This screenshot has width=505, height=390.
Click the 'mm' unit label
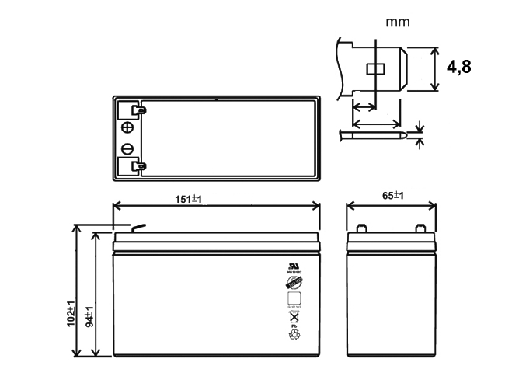click(398, 22)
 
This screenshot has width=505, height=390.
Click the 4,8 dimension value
click(459, 68)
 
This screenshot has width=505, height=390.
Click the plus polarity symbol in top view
click(128, 128)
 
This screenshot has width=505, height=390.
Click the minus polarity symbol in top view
click(128, 149)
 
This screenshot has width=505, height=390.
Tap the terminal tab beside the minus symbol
click(138, 165)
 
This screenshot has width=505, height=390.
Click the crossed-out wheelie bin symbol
click(294, 317)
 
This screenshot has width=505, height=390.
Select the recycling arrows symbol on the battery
click(294, 336)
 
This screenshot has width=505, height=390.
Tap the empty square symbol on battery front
click(294, 299)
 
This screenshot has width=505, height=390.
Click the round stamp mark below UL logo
click(294, 284)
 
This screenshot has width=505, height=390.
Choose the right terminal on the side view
click(420, 228)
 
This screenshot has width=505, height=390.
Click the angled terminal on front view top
click(138, 228)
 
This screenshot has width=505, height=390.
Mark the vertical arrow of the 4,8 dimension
click(433, 69)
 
